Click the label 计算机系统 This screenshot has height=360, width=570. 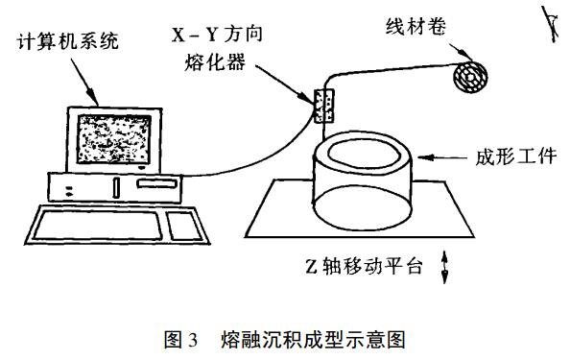pos(68,40)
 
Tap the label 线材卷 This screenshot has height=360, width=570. pos(416,26)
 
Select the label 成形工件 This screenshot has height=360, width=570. pos(516,156)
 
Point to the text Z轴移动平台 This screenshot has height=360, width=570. pos(364,267)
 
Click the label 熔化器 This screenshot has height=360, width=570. pos(215,62)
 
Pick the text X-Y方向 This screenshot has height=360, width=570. pos(217,35)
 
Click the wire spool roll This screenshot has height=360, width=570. pos(470,77)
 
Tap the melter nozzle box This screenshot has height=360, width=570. pos(324,106)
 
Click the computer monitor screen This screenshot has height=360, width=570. pos(114,139)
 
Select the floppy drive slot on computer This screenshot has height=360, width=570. pos(156,183)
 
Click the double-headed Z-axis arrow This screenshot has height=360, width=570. pos(444,267)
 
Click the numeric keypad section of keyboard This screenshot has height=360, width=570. pos(184,227)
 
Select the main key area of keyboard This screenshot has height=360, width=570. pos(98,225)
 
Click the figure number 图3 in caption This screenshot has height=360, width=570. pos(180,340)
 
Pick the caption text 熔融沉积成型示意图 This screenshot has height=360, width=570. pos(313,340)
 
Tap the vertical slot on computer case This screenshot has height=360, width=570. pos(116,187)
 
